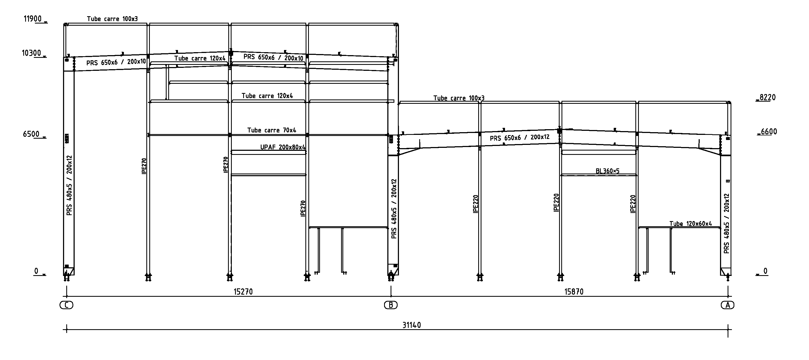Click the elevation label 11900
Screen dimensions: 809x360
coord(33,19)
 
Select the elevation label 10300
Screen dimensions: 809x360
coord(31,53)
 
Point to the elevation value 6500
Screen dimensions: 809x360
coord(31,134)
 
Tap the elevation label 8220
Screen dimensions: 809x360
coord(768,97)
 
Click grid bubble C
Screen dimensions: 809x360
coord(66,305)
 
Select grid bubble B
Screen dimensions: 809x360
coord(391,305)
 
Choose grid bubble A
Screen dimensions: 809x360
coord(728,305)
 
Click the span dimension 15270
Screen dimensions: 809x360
coord(243,292)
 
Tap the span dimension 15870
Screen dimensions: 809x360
coord(574,292)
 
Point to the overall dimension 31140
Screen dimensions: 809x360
coord(411,325)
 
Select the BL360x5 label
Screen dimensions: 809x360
coord(607,171)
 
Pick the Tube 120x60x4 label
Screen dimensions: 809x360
coord(691,224)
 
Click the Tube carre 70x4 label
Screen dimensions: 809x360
coord(272,130)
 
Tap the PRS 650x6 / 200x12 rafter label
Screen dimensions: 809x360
coord(520,138)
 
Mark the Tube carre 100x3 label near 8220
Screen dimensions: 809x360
coord(459,98)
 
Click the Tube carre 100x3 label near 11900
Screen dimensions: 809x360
coord(113,19)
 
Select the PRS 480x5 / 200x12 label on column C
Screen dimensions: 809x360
coord(70,185)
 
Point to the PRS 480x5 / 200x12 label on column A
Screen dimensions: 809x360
coord(727,224)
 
